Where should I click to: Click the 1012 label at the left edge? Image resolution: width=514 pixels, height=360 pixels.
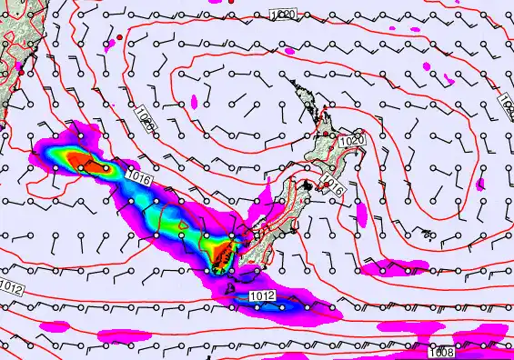click(11, 288)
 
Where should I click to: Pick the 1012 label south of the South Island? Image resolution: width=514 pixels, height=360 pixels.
click(262, 296)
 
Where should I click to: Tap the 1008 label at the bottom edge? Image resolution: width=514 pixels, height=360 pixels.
click(440, 353)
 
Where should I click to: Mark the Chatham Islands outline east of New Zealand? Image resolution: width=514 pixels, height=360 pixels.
click(427, 233)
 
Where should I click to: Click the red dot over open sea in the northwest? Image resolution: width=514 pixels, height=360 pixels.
click(118, 36)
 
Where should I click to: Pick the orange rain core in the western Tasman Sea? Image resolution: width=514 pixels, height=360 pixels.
click(91, 165)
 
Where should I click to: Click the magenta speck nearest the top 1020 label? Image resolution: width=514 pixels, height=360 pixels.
click(289, 52)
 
